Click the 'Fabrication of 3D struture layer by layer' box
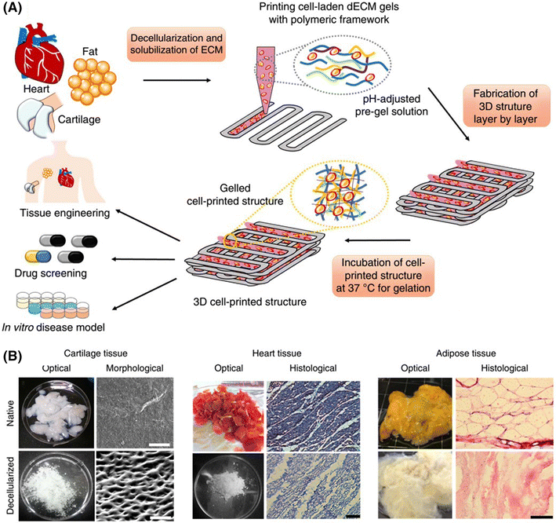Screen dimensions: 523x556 click(501, 109)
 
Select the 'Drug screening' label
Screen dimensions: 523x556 click(54, 272)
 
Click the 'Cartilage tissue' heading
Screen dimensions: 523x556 click(90, 354)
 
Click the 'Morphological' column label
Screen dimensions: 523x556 click(130, 368)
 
